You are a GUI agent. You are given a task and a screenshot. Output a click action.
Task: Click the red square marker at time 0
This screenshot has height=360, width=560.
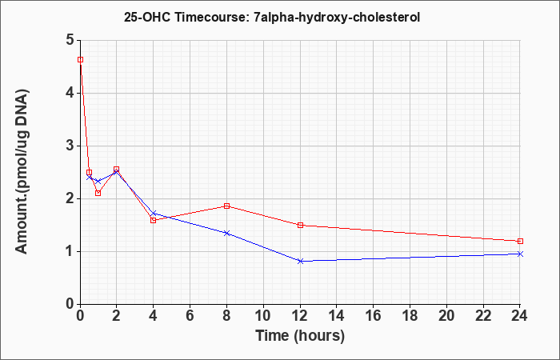coord(80,60)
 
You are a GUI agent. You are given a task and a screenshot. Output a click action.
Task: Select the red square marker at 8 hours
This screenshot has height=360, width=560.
coord(226,206)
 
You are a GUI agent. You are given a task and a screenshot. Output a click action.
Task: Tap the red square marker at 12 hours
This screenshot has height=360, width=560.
coord(300,225)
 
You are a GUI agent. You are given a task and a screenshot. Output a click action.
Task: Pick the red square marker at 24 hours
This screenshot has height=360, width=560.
coord(520,241)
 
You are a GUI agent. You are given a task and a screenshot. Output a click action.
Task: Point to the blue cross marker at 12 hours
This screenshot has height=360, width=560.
coord(300,261)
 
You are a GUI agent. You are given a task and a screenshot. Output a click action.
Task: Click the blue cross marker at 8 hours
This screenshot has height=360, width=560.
coord(226,233)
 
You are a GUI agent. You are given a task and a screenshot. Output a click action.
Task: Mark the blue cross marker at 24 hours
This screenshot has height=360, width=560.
coord(520,254)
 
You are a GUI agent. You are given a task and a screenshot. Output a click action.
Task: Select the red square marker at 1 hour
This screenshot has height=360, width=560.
coord(98,193)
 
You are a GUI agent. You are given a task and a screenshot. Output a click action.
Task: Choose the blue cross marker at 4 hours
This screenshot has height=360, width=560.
coord(154,214)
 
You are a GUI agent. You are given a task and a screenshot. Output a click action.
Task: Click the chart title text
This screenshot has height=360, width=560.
coord(272,17)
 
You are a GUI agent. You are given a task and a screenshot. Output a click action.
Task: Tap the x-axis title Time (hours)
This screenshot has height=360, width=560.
coord(300,336)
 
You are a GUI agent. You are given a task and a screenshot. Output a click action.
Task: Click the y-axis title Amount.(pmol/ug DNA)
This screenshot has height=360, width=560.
coord(22,172)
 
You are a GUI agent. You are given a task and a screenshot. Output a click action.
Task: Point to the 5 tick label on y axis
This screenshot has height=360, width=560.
coord(70,40)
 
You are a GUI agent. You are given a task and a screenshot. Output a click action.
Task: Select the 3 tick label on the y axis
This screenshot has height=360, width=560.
coord(70,146)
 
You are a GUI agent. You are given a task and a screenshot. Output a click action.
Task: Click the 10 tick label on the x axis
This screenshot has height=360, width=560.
coord(263,316)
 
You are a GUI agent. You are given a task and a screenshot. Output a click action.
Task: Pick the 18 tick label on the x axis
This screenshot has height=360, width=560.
coord(410,316)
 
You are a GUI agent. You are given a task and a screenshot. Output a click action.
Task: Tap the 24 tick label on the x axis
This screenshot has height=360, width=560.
coord(519,316)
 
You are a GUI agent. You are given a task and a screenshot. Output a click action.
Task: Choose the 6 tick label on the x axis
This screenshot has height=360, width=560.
coord(190,316)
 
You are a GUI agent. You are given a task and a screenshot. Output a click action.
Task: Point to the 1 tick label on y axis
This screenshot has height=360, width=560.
coord(70,252)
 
